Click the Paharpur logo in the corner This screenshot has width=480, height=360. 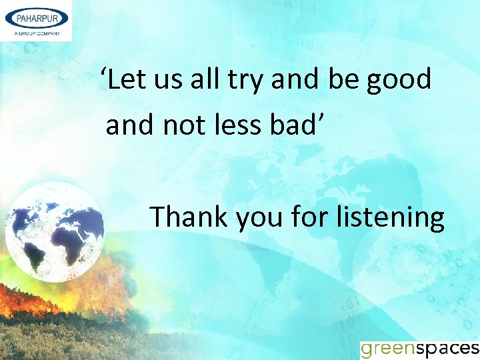[x=36, y=20]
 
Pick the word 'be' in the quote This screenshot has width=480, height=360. [x=343, y=80]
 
